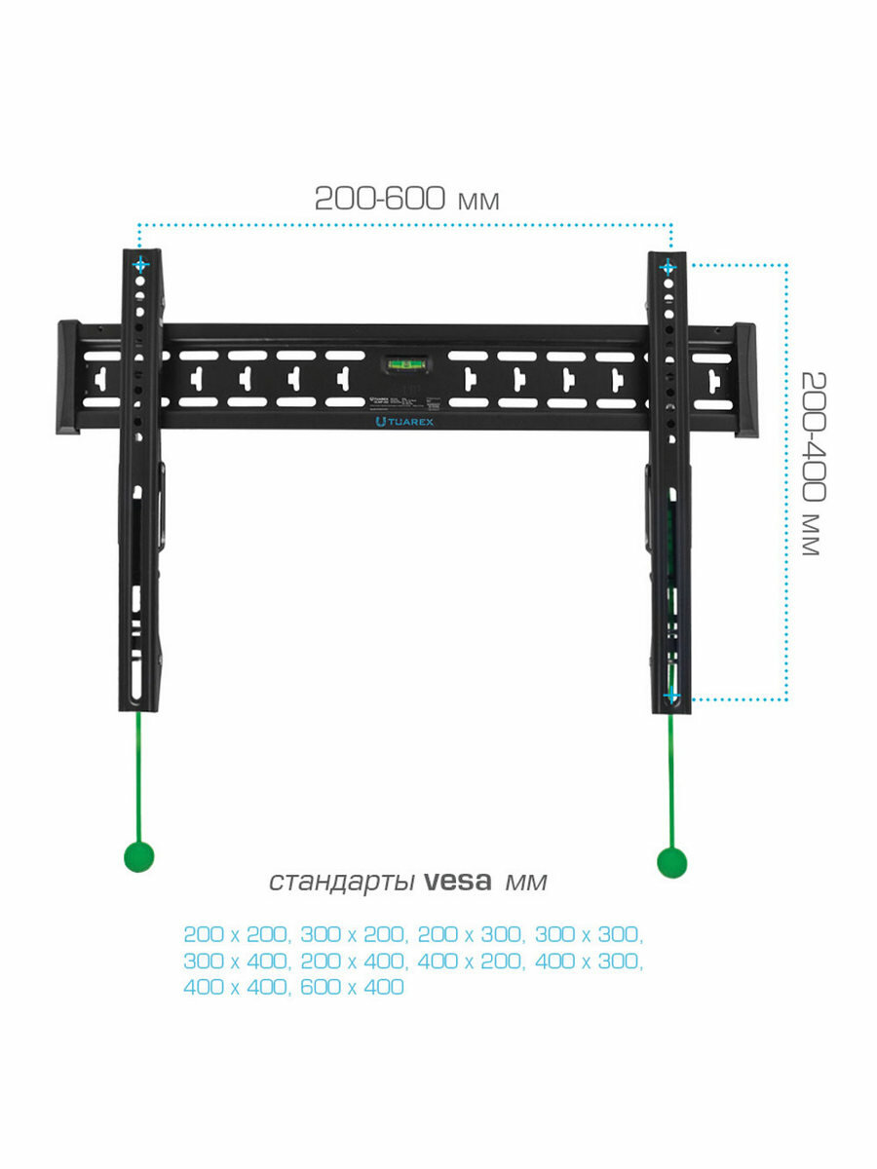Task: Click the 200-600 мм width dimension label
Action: click(x=406, y=199)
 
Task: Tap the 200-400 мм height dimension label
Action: click(x=808, y=463)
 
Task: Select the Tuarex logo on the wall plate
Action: click(x=403, y=422)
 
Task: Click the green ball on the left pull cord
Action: click(x=137, y=856)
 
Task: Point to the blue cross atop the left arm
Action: click(x=141, y=264)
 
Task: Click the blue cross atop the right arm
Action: click(x=667, y=266)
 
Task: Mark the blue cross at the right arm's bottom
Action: click(x=670, y=695)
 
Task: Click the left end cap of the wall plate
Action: click(x=68, y=377)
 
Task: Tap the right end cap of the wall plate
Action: click(x=744, y=380)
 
